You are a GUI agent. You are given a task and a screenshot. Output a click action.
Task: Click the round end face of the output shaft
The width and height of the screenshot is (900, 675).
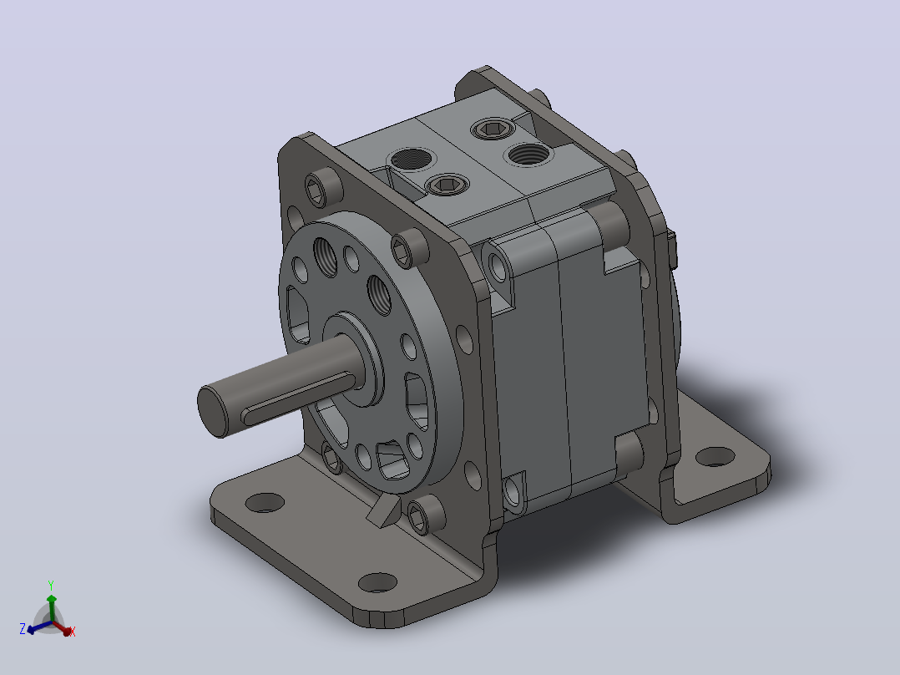click(x=212, y=411)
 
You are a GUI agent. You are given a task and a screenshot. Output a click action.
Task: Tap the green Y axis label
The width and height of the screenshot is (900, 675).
click(x=51, y=586)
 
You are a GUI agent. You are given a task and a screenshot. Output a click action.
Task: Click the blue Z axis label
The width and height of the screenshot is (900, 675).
click(x=23, y=628)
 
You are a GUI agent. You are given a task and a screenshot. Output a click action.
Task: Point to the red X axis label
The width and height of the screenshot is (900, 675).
click(x=73, y=632)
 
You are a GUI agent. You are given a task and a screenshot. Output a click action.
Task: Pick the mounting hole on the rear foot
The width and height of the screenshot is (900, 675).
click(x=715, y=457)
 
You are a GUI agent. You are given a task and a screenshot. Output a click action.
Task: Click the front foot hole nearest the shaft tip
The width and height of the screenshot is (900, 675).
click(x=265, y=503)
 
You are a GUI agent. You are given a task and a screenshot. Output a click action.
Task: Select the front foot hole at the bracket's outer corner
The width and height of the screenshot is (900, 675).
click(x=377, y=582)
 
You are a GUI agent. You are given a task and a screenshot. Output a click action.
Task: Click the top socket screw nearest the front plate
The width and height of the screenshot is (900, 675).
click(x=447, y=185)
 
